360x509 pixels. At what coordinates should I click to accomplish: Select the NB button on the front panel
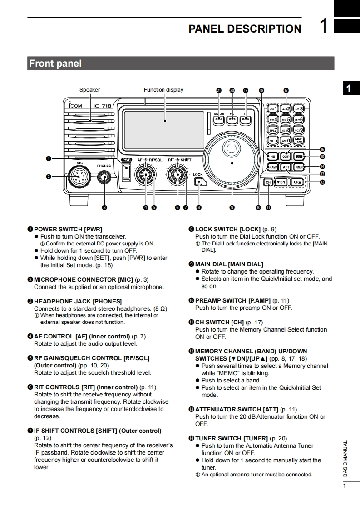point(272,157)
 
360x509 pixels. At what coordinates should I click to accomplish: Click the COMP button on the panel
point(286,157)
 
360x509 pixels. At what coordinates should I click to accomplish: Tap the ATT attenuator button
point(286,167)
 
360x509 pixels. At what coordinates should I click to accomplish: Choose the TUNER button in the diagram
point(298,167)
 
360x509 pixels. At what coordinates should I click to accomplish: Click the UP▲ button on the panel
point(297,182)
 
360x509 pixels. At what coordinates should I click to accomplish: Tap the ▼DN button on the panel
point(281,182)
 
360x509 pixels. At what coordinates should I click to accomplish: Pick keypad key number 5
point(286,119)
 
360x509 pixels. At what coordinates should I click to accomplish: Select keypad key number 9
point(298,130)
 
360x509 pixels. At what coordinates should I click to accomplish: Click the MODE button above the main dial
point(219,120)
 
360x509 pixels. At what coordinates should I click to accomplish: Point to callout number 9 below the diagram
point(232,207)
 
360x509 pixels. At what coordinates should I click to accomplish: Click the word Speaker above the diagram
point(89,90)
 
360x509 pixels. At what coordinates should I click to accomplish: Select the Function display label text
point(163,90)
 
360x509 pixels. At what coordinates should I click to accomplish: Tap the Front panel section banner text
point(55,64)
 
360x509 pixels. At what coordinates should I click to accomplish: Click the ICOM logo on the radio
point(75,106)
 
